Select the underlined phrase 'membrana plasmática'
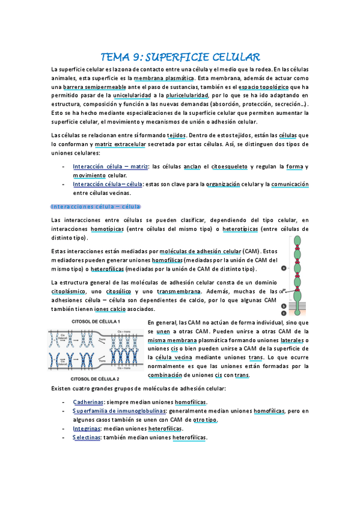pos(163,78)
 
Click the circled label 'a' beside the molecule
pos(284,270)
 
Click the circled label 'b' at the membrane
pos(284,306)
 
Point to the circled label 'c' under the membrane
pos(284,313)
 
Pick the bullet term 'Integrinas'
pos(87,429)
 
